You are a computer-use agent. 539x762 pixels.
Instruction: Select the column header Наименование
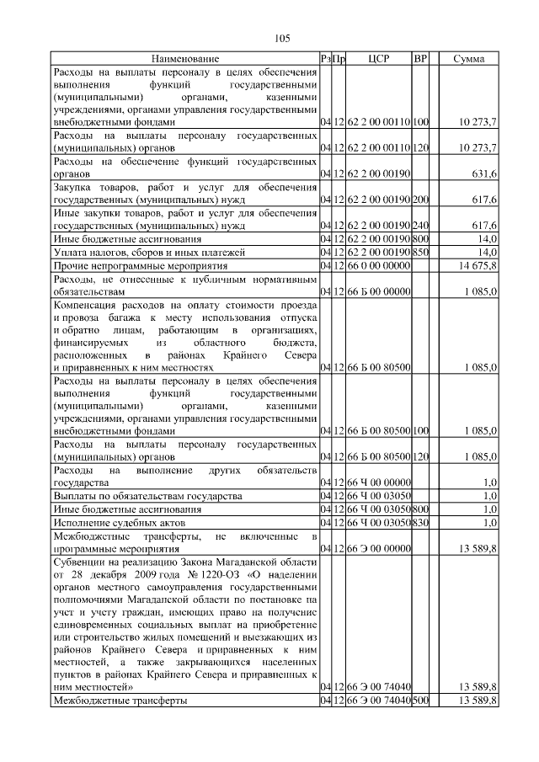(185, 59)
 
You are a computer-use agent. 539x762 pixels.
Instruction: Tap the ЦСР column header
(377, 59)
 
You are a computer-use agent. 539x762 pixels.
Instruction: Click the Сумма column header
(468, 59)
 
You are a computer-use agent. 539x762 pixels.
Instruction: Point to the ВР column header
(421, 59)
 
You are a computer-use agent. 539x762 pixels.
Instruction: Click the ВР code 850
(421, 252)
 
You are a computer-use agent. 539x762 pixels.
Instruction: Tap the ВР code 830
(421, 523)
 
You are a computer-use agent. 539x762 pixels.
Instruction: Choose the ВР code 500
(421, 701)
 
